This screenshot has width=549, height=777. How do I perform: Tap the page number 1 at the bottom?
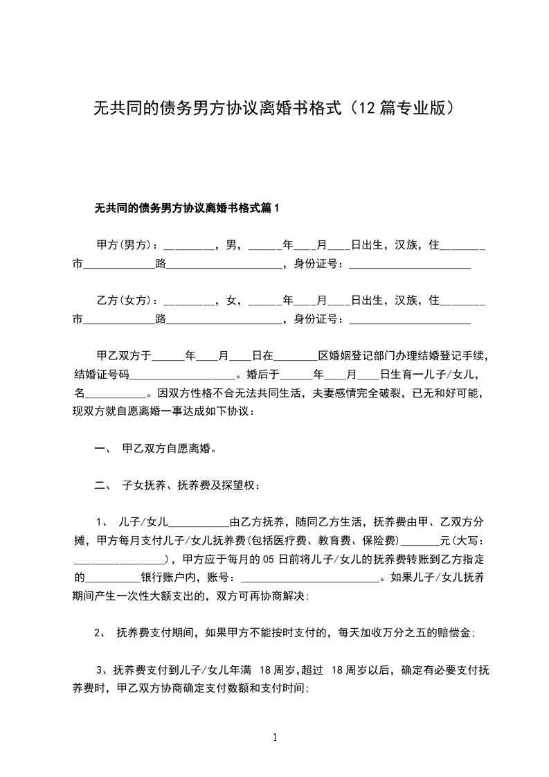click(275, 738)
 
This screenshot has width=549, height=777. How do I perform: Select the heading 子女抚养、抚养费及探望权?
click(191, 485)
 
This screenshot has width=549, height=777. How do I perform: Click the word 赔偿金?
click(455, 632)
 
